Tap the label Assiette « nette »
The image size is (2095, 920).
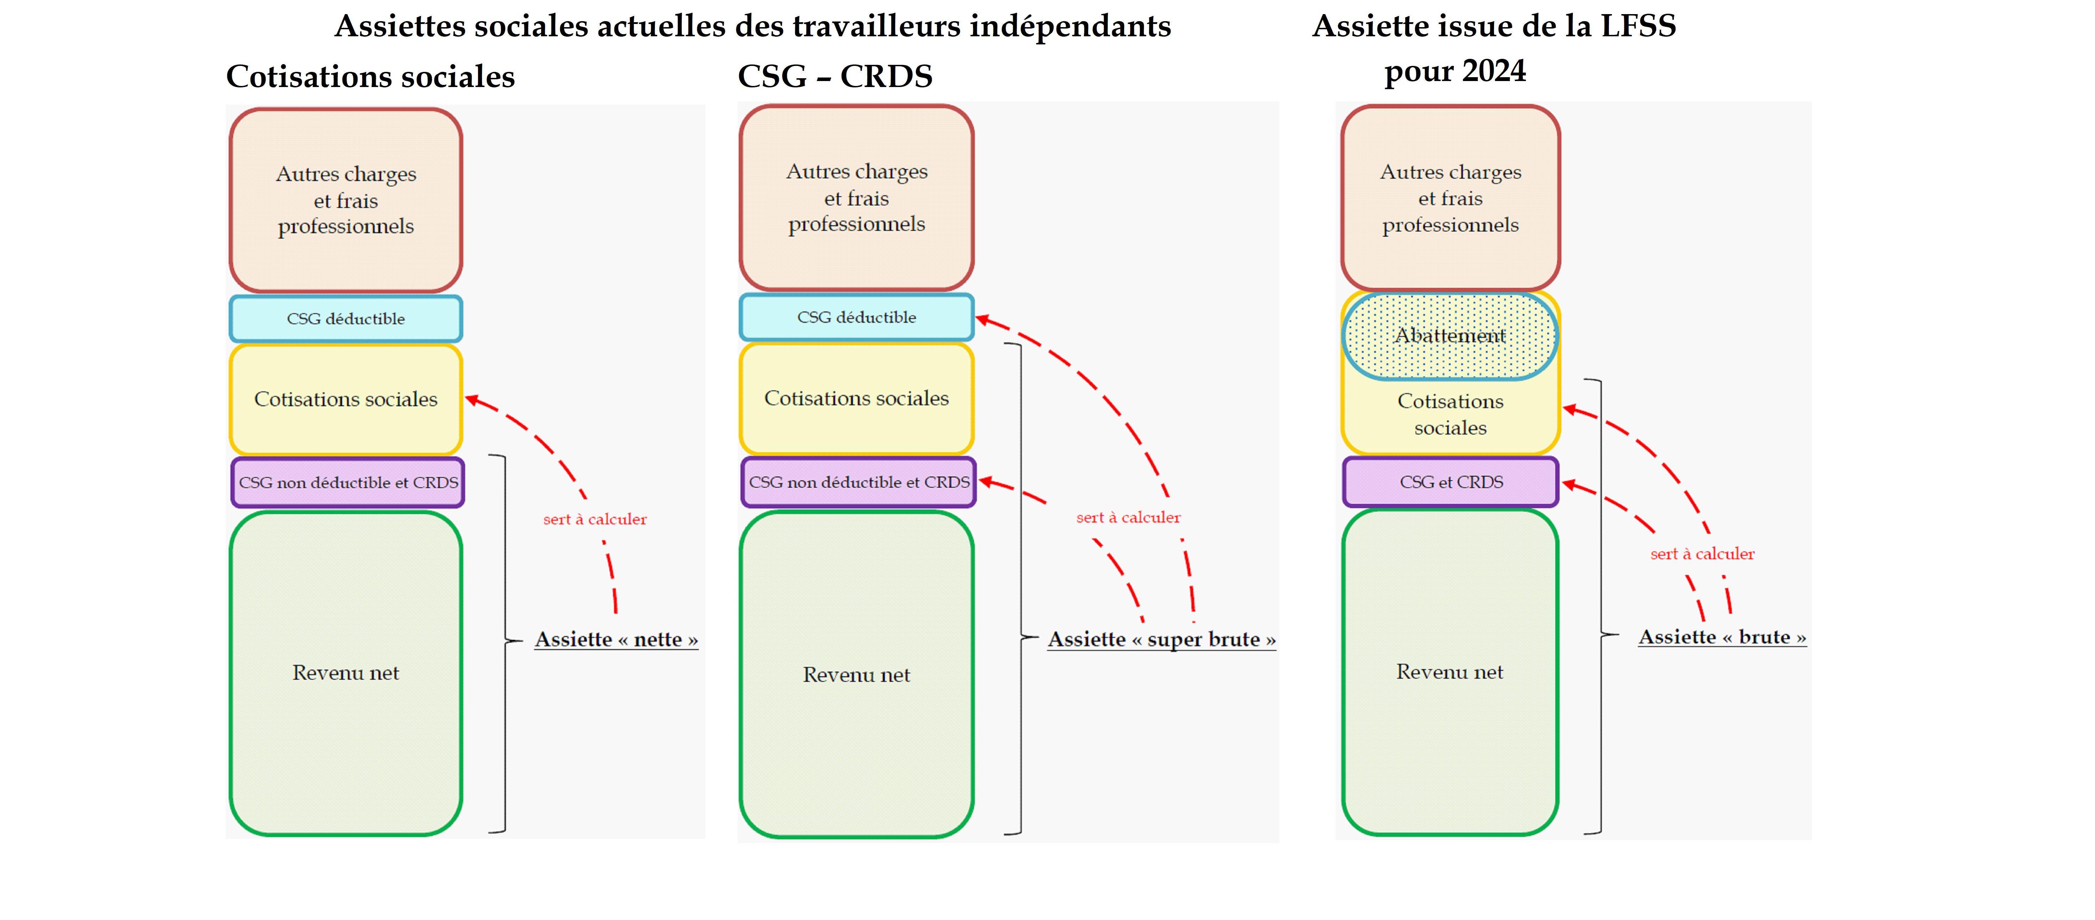[616, 640]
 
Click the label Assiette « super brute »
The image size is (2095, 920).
[1160, 640]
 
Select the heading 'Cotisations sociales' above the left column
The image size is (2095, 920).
[370, 76]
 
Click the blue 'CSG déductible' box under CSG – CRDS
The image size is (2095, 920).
[856, 317]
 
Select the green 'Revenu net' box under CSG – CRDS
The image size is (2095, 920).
[856, 674]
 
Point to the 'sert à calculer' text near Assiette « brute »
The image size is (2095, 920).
[1702, 554]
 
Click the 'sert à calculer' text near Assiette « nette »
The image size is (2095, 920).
[595, 519]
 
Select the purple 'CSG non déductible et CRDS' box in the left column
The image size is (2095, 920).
[348, 482]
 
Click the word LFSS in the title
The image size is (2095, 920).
[1638, 26]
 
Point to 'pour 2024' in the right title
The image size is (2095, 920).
[1455, 72]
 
